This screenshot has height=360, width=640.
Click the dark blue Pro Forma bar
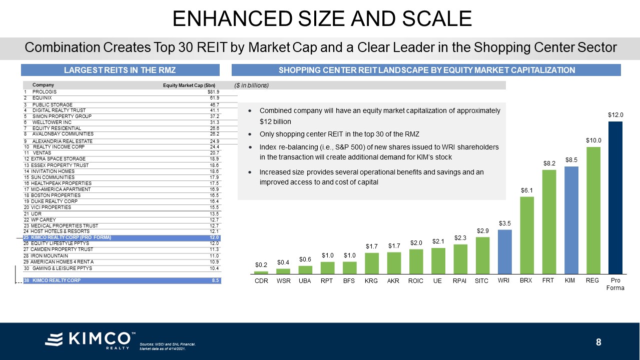pos(615,197)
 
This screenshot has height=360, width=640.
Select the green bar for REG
pos(593,210)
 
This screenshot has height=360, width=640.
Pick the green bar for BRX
pos(527,235)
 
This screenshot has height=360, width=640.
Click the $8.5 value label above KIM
pos(571,160)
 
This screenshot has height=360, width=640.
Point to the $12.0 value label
pos(615,115)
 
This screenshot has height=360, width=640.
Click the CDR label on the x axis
pos(261,281)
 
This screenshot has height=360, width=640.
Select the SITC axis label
pos(481,281)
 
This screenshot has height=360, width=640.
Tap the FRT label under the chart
pos(548,281)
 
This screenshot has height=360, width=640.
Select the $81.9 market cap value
pos(214,92)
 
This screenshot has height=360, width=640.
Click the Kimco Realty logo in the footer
pos(90,339)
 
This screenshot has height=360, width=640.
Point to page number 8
pos(598,342)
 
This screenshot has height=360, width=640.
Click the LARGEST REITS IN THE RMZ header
pos(120,70)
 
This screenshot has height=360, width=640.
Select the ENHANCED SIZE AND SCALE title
pos(321,19)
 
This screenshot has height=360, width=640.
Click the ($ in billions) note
pos(252,85)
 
